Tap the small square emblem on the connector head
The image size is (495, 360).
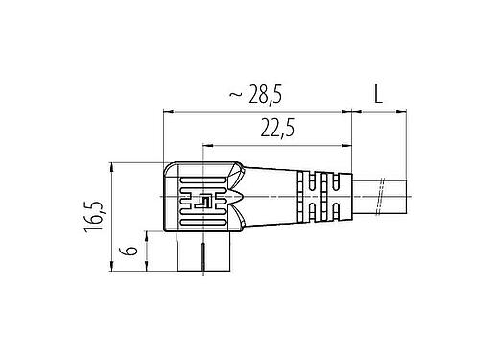pyautogui.click(x=203, y=202)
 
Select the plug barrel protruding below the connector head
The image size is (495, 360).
pyautogui.click(x=203, y=253)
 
